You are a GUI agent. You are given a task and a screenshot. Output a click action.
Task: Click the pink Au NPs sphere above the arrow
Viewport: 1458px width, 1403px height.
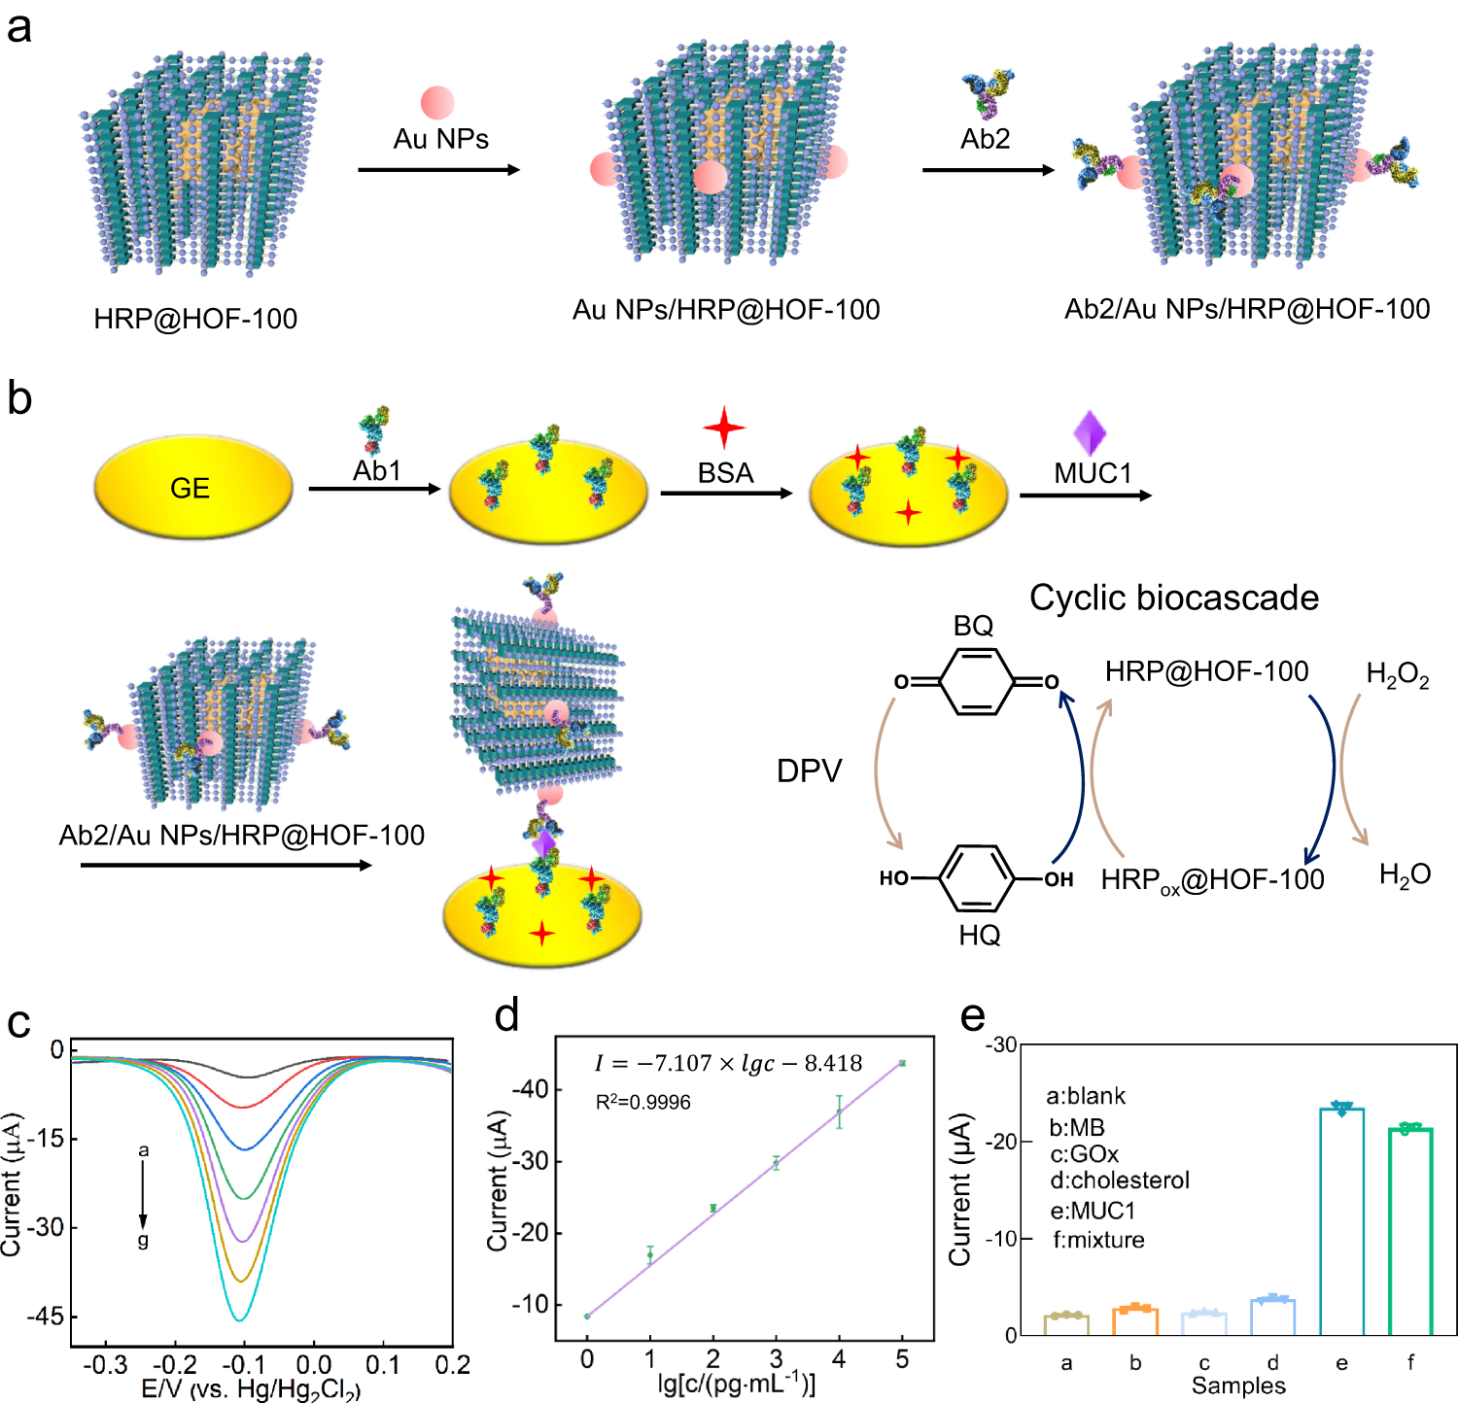(437, 103)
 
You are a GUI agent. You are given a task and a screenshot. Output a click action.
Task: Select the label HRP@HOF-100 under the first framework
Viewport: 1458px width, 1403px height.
(195, 319)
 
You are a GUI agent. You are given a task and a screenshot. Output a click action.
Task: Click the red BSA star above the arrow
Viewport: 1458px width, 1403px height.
(724, 428)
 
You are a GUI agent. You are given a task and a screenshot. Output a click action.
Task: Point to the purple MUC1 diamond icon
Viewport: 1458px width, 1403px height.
(1090, 432)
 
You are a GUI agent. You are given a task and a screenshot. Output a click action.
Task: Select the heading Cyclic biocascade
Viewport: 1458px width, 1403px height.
(1173, 598)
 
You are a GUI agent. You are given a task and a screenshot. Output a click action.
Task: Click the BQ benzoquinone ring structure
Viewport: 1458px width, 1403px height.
(976, 682)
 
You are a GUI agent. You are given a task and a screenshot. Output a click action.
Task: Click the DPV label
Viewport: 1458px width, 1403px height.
(809, 770)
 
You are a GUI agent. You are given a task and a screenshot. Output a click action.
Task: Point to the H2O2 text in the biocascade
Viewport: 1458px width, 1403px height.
(1397, 674)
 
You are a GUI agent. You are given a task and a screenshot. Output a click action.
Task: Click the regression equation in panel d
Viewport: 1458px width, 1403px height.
(728, 1063)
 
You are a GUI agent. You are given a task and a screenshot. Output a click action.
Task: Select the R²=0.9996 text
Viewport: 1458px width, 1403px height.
(642, 1102)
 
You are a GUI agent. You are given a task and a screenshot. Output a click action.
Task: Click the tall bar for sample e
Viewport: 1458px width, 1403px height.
(1341, 1224)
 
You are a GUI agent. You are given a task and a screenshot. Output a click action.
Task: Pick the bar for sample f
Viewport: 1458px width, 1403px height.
(1410, 1234)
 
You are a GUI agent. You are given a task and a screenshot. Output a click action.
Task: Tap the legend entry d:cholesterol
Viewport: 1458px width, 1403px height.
(1120, 1181)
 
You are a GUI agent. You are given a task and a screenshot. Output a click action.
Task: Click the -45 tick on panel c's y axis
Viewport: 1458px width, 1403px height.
(45, 1317)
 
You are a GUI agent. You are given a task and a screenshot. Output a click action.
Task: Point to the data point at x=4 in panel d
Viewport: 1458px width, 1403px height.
(839, 1112)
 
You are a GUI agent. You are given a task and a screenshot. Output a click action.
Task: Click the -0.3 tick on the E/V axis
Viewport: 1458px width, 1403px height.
(105, 1365)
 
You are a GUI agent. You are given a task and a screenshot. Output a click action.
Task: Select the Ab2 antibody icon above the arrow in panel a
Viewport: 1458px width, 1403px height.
(988, 93)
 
